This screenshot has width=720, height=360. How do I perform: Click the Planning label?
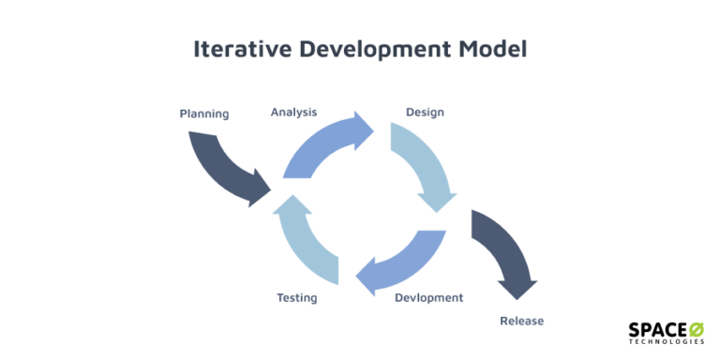[x=204, y=114]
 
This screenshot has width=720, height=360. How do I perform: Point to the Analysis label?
[x=293, y=112]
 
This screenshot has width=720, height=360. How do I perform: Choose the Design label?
[x=425, y=112]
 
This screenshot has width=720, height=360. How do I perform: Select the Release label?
[x=521, y=322]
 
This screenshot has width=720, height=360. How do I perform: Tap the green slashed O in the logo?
[x=697, y=329]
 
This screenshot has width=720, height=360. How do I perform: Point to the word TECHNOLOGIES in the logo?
[x=667, y=342]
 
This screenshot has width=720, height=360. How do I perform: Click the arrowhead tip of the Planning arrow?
[x=267, y=195]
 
